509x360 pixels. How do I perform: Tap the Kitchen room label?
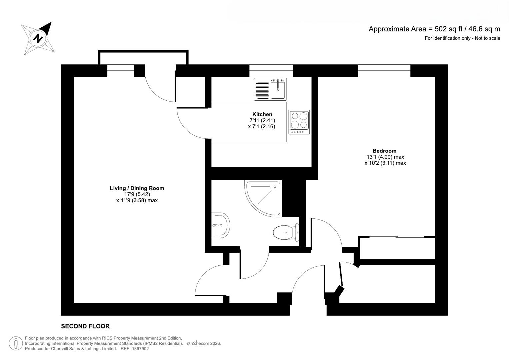point(262,114)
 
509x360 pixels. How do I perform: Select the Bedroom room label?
point(384,151)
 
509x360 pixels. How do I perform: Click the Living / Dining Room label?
point(137,188)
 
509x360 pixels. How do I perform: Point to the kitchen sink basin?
point(278,89)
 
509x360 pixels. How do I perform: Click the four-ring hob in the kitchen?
point(299,120)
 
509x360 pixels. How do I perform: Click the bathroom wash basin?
point(220,225)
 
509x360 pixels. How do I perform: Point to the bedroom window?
point(384,71)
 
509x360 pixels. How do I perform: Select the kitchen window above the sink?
point(271,71)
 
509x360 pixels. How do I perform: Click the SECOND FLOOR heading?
point(85,326)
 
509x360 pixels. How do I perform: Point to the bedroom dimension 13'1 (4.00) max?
point(385,157)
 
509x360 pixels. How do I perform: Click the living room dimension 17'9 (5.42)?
point(137,194)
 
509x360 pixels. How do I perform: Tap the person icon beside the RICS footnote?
point(16,343)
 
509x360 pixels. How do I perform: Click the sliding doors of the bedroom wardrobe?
point(397,237)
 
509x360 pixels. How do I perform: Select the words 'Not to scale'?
point(487,38)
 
